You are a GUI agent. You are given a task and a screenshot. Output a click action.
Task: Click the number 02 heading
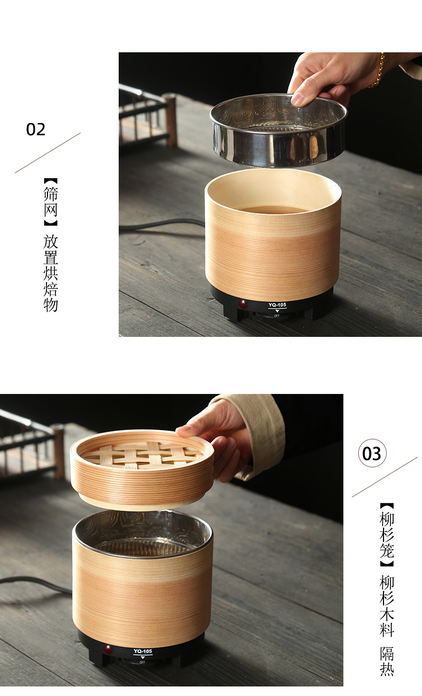pyautogui.click(x=36, y=129)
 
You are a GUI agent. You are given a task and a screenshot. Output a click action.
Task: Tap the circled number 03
pyautogui.click(x=372, y=454)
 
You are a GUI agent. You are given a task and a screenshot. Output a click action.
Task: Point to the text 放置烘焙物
pyautogui.click(x=51, y=273)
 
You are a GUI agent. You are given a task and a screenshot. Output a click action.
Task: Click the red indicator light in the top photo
pyautogui.click(x=243, y=304)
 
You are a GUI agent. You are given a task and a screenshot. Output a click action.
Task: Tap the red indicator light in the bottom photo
pyautogui.click(x=109, y=649)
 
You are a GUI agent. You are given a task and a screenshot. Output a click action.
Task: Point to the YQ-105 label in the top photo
pyautogui.click(x=277, y=305)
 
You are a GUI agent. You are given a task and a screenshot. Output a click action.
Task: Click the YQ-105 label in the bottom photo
pyautogui.click(x=142, y=651)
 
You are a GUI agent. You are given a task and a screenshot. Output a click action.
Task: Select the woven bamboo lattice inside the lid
pyautogui.click(x=142, y=454)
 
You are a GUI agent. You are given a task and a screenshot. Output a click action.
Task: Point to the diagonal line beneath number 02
pyautogui.click(x=47, y=153)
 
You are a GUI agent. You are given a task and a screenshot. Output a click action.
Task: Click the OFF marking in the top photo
pyautogui.click(x=277, y=315)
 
